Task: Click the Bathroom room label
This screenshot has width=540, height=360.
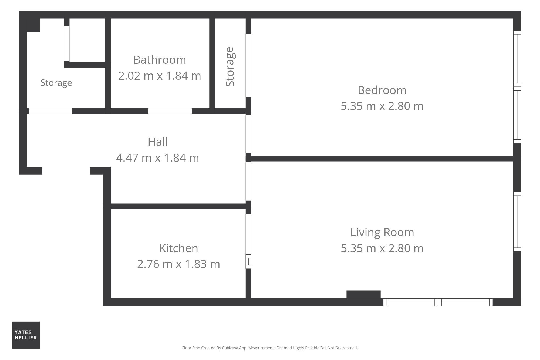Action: coord(160,60)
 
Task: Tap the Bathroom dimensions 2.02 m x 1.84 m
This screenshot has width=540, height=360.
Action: coord(160,76)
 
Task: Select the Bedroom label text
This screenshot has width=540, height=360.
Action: coord(382,90)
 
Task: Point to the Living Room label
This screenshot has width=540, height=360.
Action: coord(382,233)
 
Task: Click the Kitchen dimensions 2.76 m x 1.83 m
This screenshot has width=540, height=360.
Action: coord(178,264)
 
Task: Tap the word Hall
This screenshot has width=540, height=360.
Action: coord(158,142)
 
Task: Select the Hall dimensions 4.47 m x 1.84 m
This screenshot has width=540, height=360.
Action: coord(158,158)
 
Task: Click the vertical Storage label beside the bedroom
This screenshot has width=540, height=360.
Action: coord(230,67)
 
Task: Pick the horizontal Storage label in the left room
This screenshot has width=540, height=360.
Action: coord(56,83)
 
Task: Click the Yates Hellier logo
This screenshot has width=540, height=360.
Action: coord(26,335)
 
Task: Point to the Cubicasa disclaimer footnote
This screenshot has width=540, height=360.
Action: coord(270,348)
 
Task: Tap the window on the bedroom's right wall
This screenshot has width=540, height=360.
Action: coord(517,87)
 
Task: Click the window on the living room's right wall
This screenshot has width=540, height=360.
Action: coord(517,222)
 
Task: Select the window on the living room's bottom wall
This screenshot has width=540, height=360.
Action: coord(438,302)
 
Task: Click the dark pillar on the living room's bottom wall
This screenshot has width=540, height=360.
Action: coord(363,295)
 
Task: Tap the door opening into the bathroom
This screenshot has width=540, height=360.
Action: coord(170,111)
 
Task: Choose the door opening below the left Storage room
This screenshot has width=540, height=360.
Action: coord(50,111)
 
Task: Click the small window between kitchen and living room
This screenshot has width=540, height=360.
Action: coord(248,261)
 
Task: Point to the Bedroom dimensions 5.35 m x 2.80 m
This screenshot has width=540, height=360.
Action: coord(382,106)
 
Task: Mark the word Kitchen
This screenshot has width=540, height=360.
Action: coord(178,248)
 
